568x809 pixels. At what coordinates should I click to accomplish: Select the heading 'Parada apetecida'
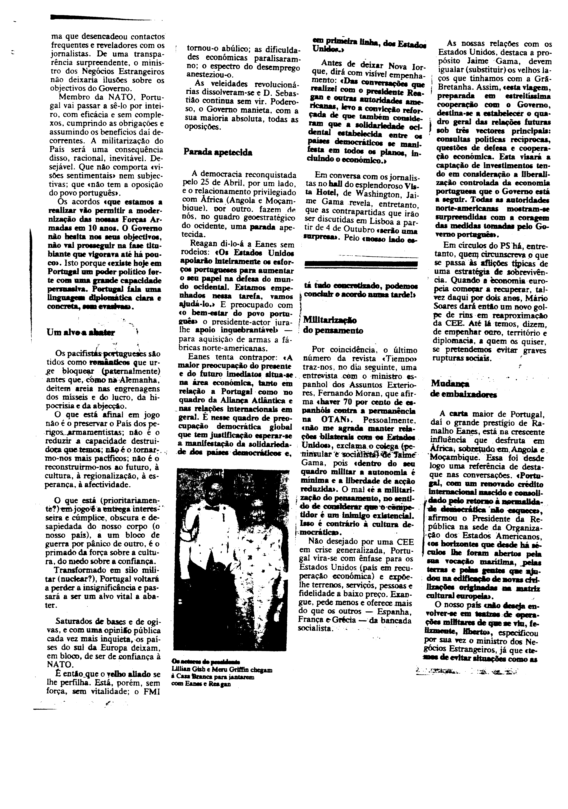click(x=218, y=152)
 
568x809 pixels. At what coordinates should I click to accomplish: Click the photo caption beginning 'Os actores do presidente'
click(x=221, y=672)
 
